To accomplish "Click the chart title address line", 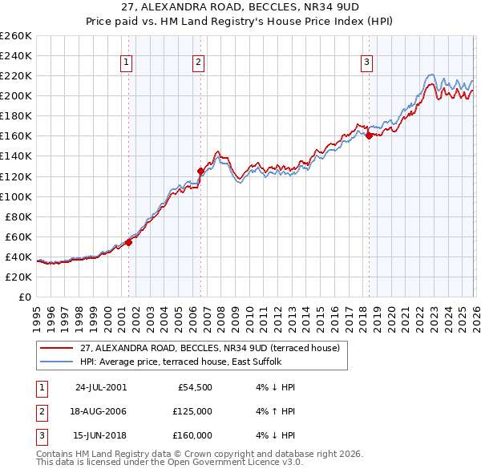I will (x=240, y=7).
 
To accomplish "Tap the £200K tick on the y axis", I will (x=16, y=95).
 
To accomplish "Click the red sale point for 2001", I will (x=129, y=242).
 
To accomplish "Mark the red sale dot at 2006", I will (x=200, y=171).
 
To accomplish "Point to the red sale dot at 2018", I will (x=369, y=135).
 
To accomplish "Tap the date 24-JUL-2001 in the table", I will (x=100, y=387).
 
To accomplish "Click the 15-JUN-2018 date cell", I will (x=100, y=435).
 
